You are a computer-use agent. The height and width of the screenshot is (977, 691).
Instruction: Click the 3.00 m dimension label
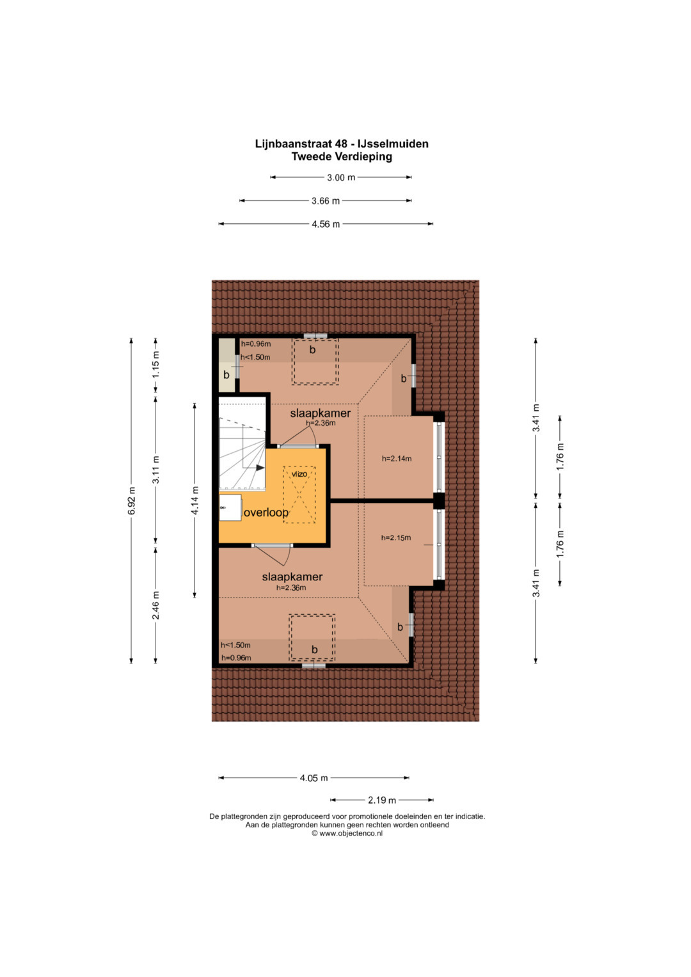click(341, 177)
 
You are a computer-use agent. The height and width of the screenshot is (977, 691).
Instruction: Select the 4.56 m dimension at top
click(326, 224)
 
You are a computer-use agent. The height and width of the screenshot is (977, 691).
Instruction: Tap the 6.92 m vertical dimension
click(131, 501)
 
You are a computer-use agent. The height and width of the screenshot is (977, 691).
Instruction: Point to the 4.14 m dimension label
click(195, 500)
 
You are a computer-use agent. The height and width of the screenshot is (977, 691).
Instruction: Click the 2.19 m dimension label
click(382, 800)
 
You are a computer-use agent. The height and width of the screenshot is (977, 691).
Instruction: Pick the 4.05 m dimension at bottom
click(314, 777)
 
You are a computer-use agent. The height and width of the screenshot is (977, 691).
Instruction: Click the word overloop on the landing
click(266, 512)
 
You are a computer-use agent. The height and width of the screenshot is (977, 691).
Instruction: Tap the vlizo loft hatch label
click(299, 473)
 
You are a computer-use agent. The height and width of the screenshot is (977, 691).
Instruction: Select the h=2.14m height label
click(397, 458)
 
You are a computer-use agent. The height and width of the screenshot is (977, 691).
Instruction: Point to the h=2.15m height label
click(396, 538)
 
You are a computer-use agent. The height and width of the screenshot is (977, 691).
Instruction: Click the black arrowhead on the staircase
click(260, 468)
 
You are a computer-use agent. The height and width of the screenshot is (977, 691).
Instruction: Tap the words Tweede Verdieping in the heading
click(342, 157)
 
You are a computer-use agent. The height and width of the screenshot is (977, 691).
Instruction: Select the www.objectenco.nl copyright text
click(347, 833)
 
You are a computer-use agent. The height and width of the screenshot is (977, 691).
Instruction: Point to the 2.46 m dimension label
click(156, 605)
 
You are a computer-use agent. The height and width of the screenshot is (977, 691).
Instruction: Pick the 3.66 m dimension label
click(326, 201)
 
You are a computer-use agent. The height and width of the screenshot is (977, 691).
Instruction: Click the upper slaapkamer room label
click(321, 413)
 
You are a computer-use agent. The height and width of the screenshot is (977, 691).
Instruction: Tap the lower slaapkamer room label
click(292, 576)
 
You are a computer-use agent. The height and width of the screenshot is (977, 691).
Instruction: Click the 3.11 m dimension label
click(156, 470)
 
